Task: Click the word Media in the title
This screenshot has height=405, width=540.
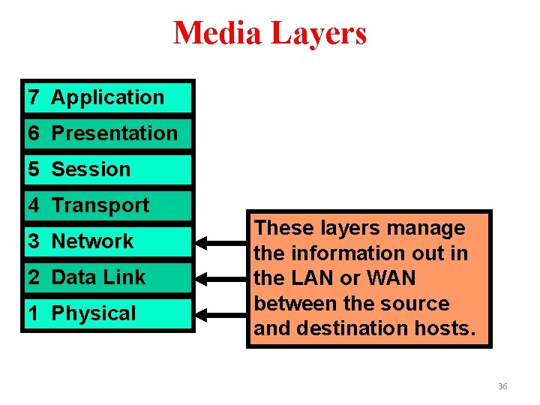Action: (217, 34)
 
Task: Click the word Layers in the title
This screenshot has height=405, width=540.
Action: (319, 34)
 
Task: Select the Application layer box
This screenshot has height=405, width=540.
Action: (108, 97)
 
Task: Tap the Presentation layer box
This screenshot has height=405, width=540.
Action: (108, 133)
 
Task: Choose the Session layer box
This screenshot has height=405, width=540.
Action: (108, 169)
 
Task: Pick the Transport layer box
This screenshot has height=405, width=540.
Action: (108, 205)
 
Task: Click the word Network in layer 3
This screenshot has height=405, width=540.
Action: (92, 241)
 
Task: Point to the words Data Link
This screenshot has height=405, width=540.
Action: (98, 277)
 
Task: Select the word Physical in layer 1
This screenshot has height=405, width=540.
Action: (94, 313)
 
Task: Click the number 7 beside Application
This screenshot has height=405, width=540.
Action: (34, 97)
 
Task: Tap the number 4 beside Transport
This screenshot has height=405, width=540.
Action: (34, 205)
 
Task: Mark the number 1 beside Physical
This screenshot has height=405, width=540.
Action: (34, 313)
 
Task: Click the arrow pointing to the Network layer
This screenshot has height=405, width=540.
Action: (221, 242)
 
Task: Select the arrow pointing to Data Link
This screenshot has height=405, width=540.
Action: (221, 277)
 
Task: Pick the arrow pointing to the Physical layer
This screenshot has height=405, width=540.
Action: (221, 313)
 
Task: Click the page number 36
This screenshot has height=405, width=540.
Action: (502, 386)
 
